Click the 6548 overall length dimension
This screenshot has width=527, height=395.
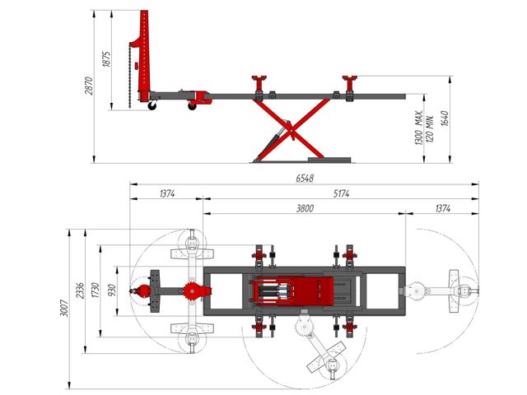pos(305,178)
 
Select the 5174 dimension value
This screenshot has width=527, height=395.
pos(342,193)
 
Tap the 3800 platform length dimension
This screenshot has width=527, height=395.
pos(305,208)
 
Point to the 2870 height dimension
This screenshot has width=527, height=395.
pos(88,86)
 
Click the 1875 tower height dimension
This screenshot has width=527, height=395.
pos(106,59)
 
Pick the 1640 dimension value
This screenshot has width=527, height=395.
pos(445,118)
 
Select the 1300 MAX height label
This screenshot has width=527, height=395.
pos(418,128)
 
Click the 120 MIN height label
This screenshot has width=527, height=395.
pos(430,129)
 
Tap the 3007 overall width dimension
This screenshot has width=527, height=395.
pos(64,308)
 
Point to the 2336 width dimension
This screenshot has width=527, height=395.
pos(80,290)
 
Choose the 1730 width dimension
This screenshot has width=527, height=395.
pos(96,290)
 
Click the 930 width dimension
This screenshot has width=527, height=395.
pos(112,290)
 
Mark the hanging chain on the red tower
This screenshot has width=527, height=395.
pos(130,76)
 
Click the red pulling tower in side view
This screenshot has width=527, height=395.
pos(143,55)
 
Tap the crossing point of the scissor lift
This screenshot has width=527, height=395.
pos(291,128)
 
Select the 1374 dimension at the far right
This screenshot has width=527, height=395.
pos(443,208)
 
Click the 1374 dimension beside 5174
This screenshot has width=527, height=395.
pos(167,193)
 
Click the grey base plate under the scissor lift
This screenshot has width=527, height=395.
pos(329,160)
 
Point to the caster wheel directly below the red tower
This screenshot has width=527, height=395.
pos(152,106)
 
